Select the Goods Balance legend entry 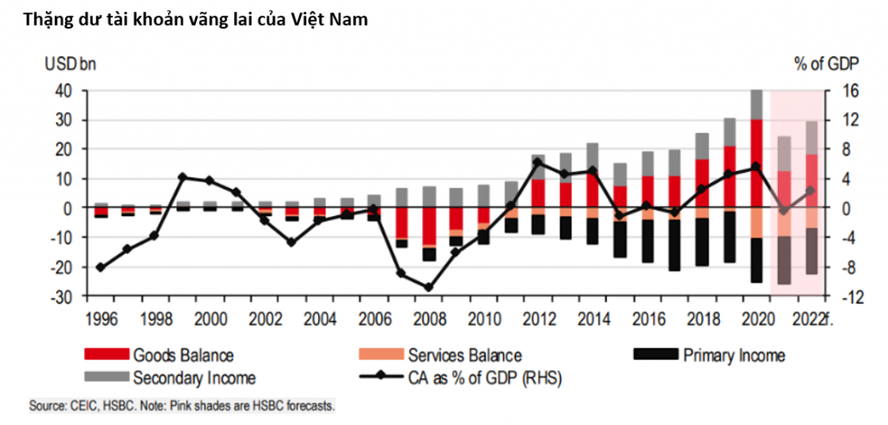click(x=183, y=355)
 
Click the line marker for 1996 click(x=101, y=267)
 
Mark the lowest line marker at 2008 click(x=428, y=287)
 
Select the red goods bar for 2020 click(x=756, y=178)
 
